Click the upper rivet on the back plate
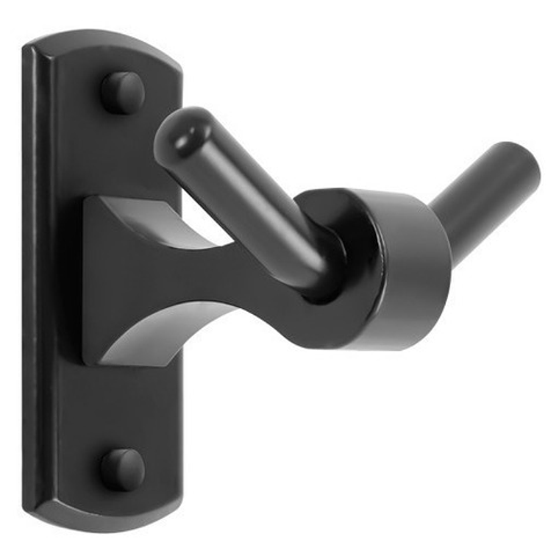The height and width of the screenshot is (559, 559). tap(122, 92)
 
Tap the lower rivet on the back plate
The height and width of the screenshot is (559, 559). tap(122, 469)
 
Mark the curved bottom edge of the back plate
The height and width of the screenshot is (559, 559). tap(103, 520)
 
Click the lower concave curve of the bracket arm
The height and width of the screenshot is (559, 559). tap(177, 324)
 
